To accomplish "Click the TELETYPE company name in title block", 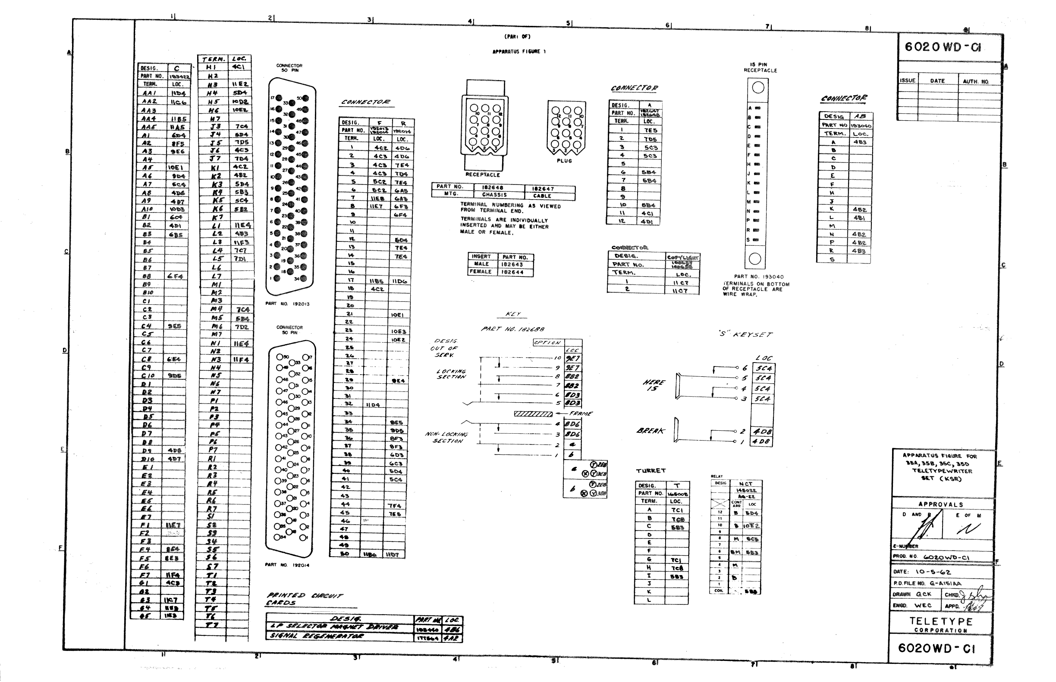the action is [x=940, y=621].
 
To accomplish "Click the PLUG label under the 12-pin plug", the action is [x=564, y=161].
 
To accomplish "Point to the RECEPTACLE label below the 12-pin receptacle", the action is [x=483, y=175].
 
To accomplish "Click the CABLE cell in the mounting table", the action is [x=542, y=196].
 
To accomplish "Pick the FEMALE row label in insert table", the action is [x=481, y=272].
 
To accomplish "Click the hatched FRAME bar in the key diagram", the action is [x=533, y=414].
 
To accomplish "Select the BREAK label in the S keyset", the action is [x=651, y=431].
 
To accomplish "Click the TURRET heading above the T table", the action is [x=651, y=471].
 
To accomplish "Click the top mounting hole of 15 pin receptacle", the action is [x=758, y=88].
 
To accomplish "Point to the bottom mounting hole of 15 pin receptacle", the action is [x=754, y=259].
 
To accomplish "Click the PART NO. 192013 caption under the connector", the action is [x=287, y=304].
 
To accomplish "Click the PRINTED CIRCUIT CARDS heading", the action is [x=304, y=599].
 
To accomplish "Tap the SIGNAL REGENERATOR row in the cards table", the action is [x=317, y=636].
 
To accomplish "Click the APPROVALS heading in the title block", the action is [x=940, y=504].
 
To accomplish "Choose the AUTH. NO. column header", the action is [x=975, y=81].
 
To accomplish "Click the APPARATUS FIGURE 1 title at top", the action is [x=519, y=52].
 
